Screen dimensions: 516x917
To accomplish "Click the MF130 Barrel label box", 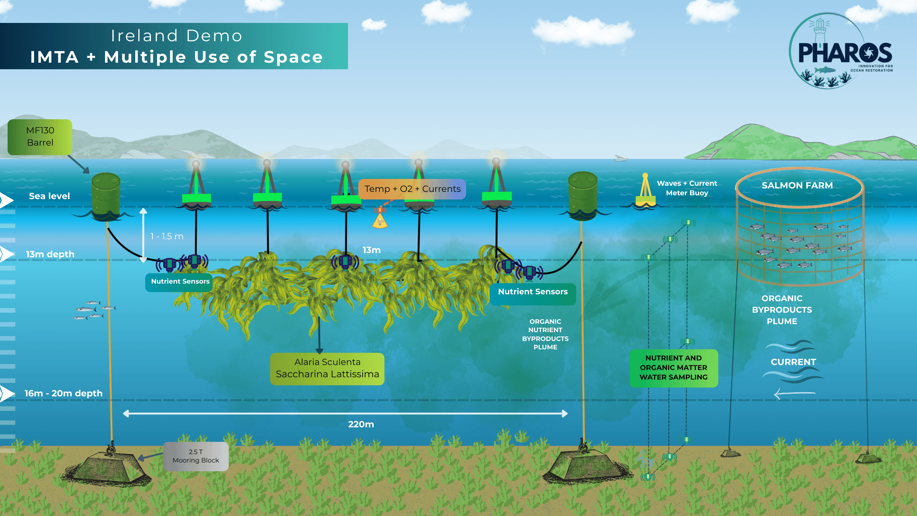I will [x=40, y=137].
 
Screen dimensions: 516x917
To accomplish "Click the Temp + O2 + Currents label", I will [x=412, y=189].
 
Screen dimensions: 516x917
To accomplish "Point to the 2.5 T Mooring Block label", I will [x=196, y=456].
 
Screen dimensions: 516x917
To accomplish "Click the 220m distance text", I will [x=361, y=424].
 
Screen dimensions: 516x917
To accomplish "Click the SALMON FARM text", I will [x=797, y=185].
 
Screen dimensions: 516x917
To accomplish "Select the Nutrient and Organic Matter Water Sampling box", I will [x=674, y=368].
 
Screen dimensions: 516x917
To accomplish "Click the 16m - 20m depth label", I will [x=63, y=393].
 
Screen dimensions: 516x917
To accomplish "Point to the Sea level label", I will [x=49, y=196].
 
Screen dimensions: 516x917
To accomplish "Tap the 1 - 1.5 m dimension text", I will [x=167, y=236].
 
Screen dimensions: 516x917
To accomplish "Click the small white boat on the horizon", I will [x=621, y=158].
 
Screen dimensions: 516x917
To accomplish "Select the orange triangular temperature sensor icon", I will [x=380, y=221].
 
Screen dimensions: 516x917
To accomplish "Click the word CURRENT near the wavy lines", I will [x=793, y=362].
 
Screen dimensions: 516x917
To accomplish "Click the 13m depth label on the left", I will [x=50, y=254].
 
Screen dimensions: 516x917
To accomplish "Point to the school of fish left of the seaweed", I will [x=94, y=310].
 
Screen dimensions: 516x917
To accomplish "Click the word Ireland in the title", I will [x=144, y=36].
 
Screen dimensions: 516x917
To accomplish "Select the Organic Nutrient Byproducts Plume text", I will [x=545, y=334].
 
